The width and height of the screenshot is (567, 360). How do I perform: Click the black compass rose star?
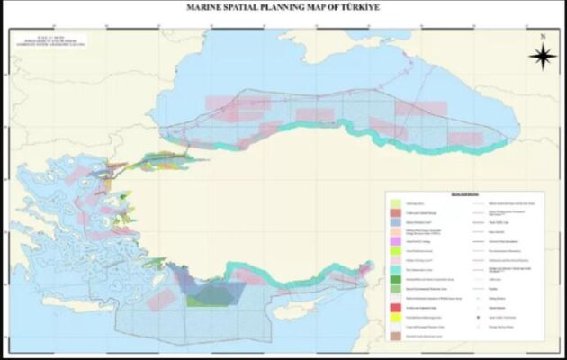point(543,57)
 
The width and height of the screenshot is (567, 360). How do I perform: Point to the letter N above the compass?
point(543,37)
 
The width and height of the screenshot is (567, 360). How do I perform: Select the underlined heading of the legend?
point(465,193)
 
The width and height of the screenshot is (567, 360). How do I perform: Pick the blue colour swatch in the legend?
point(395,221)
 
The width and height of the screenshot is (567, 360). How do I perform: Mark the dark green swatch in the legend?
point(395,279)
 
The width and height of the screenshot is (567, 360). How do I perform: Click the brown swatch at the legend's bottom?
point(395,337)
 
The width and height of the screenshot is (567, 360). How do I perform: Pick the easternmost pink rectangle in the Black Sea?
point(465,138)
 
